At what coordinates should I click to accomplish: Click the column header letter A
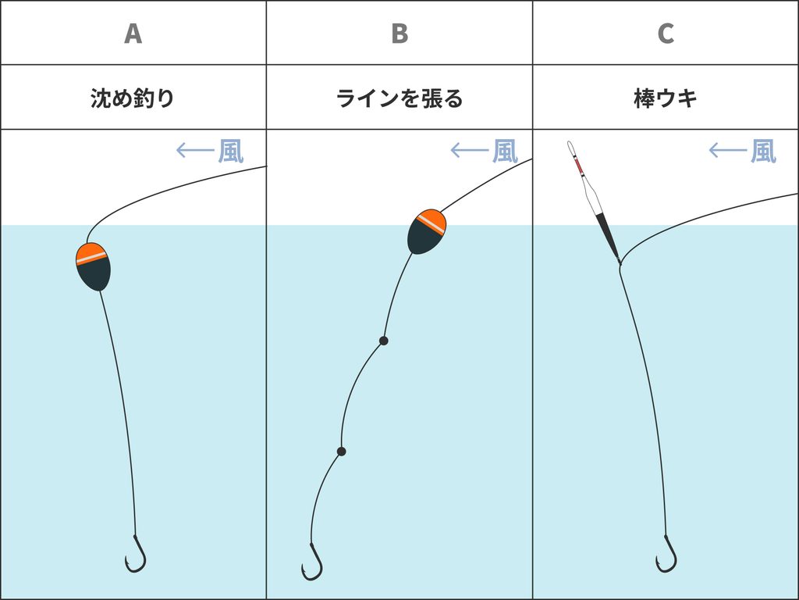point(133,34)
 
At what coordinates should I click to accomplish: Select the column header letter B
point(399,34)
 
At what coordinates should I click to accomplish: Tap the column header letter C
point(666,34)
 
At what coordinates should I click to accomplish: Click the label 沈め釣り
point(133,98)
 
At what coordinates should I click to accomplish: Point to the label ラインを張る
point(399,98)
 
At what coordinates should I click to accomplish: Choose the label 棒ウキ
point(666,98)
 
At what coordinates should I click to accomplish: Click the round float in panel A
point(94,266)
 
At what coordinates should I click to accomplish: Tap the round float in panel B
point(427,231)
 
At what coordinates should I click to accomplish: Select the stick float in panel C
point(593,201)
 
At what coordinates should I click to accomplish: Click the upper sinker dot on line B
point(384,341)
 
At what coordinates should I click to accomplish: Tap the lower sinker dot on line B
point(342,452)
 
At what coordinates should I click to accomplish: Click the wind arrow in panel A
point(194,150)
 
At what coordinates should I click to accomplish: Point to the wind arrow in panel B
point(470,150)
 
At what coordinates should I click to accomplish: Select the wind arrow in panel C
point(728,150)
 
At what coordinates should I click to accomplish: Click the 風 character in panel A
point(231,151)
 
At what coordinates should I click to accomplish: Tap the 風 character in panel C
point(763,151)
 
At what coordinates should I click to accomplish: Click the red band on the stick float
point(580,167)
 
